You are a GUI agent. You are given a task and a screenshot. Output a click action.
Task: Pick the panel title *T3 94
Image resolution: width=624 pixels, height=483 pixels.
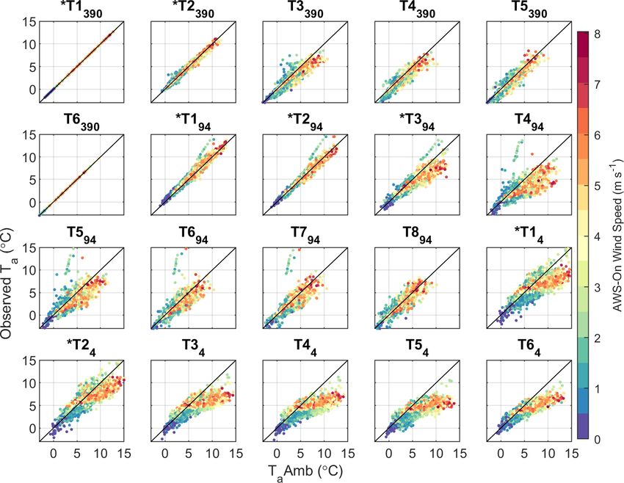[415, 123]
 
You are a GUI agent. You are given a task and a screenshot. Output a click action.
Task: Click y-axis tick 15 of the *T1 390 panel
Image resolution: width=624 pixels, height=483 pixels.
[30, 22]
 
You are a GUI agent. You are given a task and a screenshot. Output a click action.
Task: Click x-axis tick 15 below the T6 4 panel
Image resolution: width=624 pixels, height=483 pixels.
[570, 452]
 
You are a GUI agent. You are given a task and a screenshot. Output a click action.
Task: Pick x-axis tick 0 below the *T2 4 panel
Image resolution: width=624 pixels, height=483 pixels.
[53, 452]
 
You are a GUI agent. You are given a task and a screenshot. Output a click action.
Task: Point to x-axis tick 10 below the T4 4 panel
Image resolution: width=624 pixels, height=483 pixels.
[324, 452]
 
